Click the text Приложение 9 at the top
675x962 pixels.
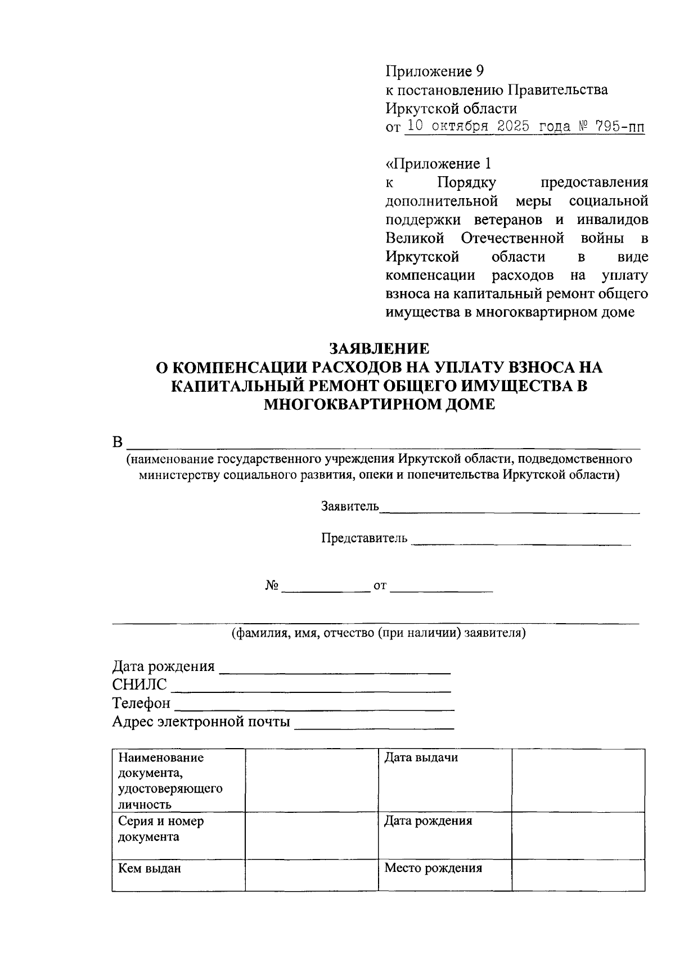[x=434, y=71]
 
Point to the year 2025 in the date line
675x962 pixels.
[x=513, y=127]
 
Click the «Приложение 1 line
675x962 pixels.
[x=438, y=164]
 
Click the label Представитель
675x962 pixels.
[x=364, y=538]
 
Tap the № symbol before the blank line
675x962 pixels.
[x=272, y=586]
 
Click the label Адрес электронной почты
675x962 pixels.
[x=201, y=722]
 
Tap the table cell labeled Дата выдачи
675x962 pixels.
[x=444, y=780]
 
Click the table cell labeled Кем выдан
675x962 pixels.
[x=178, y=875]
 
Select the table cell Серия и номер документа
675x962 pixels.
[x=178, y=835]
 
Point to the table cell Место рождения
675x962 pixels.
[x=444, y=875]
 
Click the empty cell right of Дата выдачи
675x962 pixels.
[x=578, y=780]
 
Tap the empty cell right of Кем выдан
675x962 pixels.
[x=311, y=875]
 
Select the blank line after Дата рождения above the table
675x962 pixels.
[x=335, y=670]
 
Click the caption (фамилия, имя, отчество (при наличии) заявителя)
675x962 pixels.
[x=379, y=633]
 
